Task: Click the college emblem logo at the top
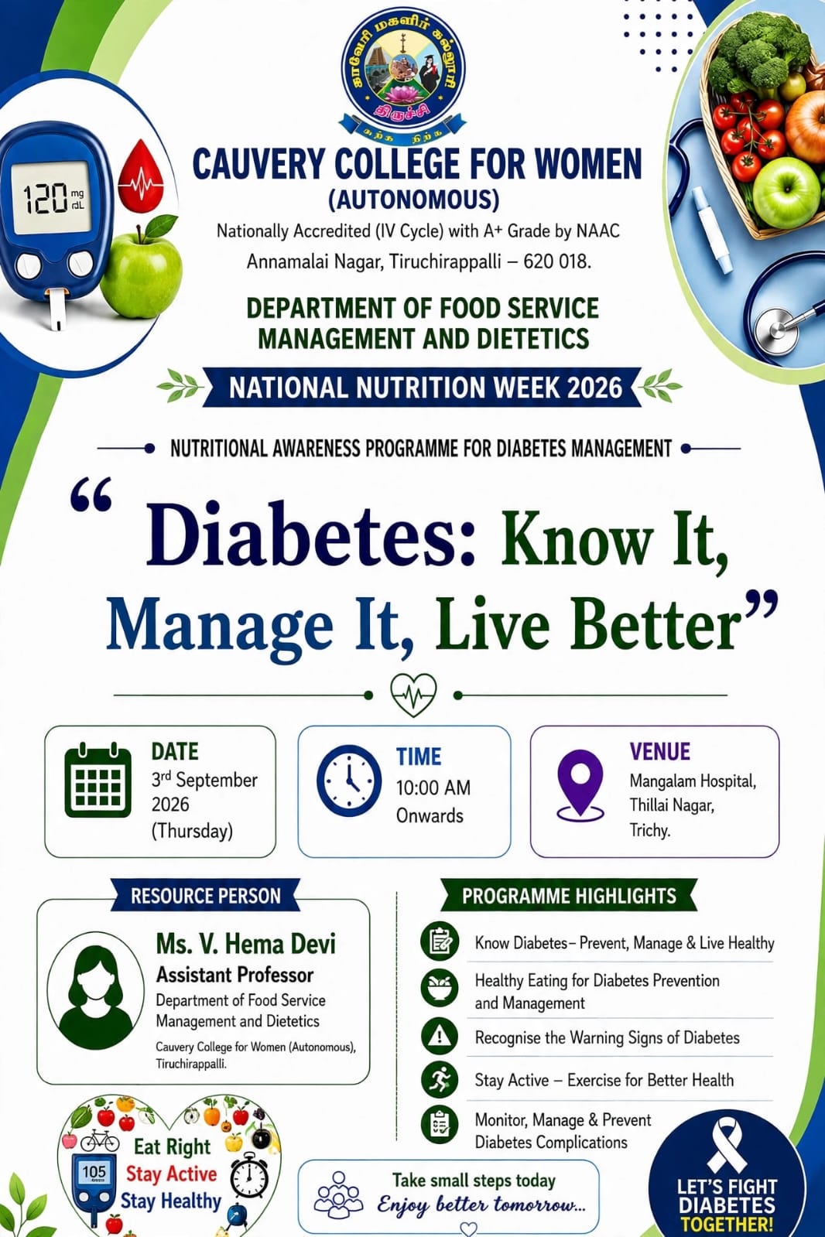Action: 403,73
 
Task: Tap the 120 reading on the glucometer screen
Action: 46,199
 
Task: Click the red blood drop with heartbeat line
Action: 142,176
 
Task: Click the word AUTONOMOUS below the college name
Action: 414,200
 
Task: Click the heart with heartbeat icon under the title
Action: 413,695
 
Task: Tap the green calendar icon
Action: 98,781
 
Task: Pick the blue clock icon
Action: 349,781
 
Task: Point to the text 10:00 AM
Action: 433,788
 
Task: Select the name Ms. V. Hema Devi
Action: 246,944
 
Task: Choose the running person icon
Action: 440,1079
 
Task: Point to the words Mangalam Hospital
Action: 693,781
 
